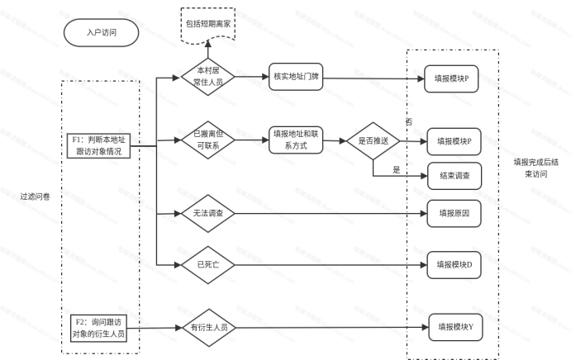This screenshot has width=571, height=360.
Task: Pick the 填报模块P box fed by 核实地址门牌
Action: pyautogui.click(x=452, y=78)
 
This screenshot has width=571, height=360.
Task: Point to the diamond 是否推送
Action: pyautogui.click(x=373, y=141)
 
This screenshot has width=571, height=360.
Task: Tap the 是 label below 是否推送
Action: pyautogui.click(x=397, y=168)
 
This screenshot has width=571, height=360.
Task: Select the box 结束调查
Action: pyautogui.click(x=454, y=175)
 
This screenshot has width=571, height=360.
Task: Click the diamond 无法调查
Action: pyautogui.click(x=208, y=213)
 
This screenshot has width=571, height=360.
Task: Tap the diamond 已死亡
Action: pyautogui.click(x=208, y=265)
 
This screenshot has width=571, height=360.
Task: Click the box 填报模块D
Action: pyautogui.click(x=454, y=265)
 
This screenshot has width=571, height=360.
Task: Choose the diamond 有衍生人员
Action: pyautogui.click(x=208, y=327)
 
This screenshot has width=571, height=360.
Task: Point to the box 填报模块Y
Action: pyautogui.click(x=454, y=327)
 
